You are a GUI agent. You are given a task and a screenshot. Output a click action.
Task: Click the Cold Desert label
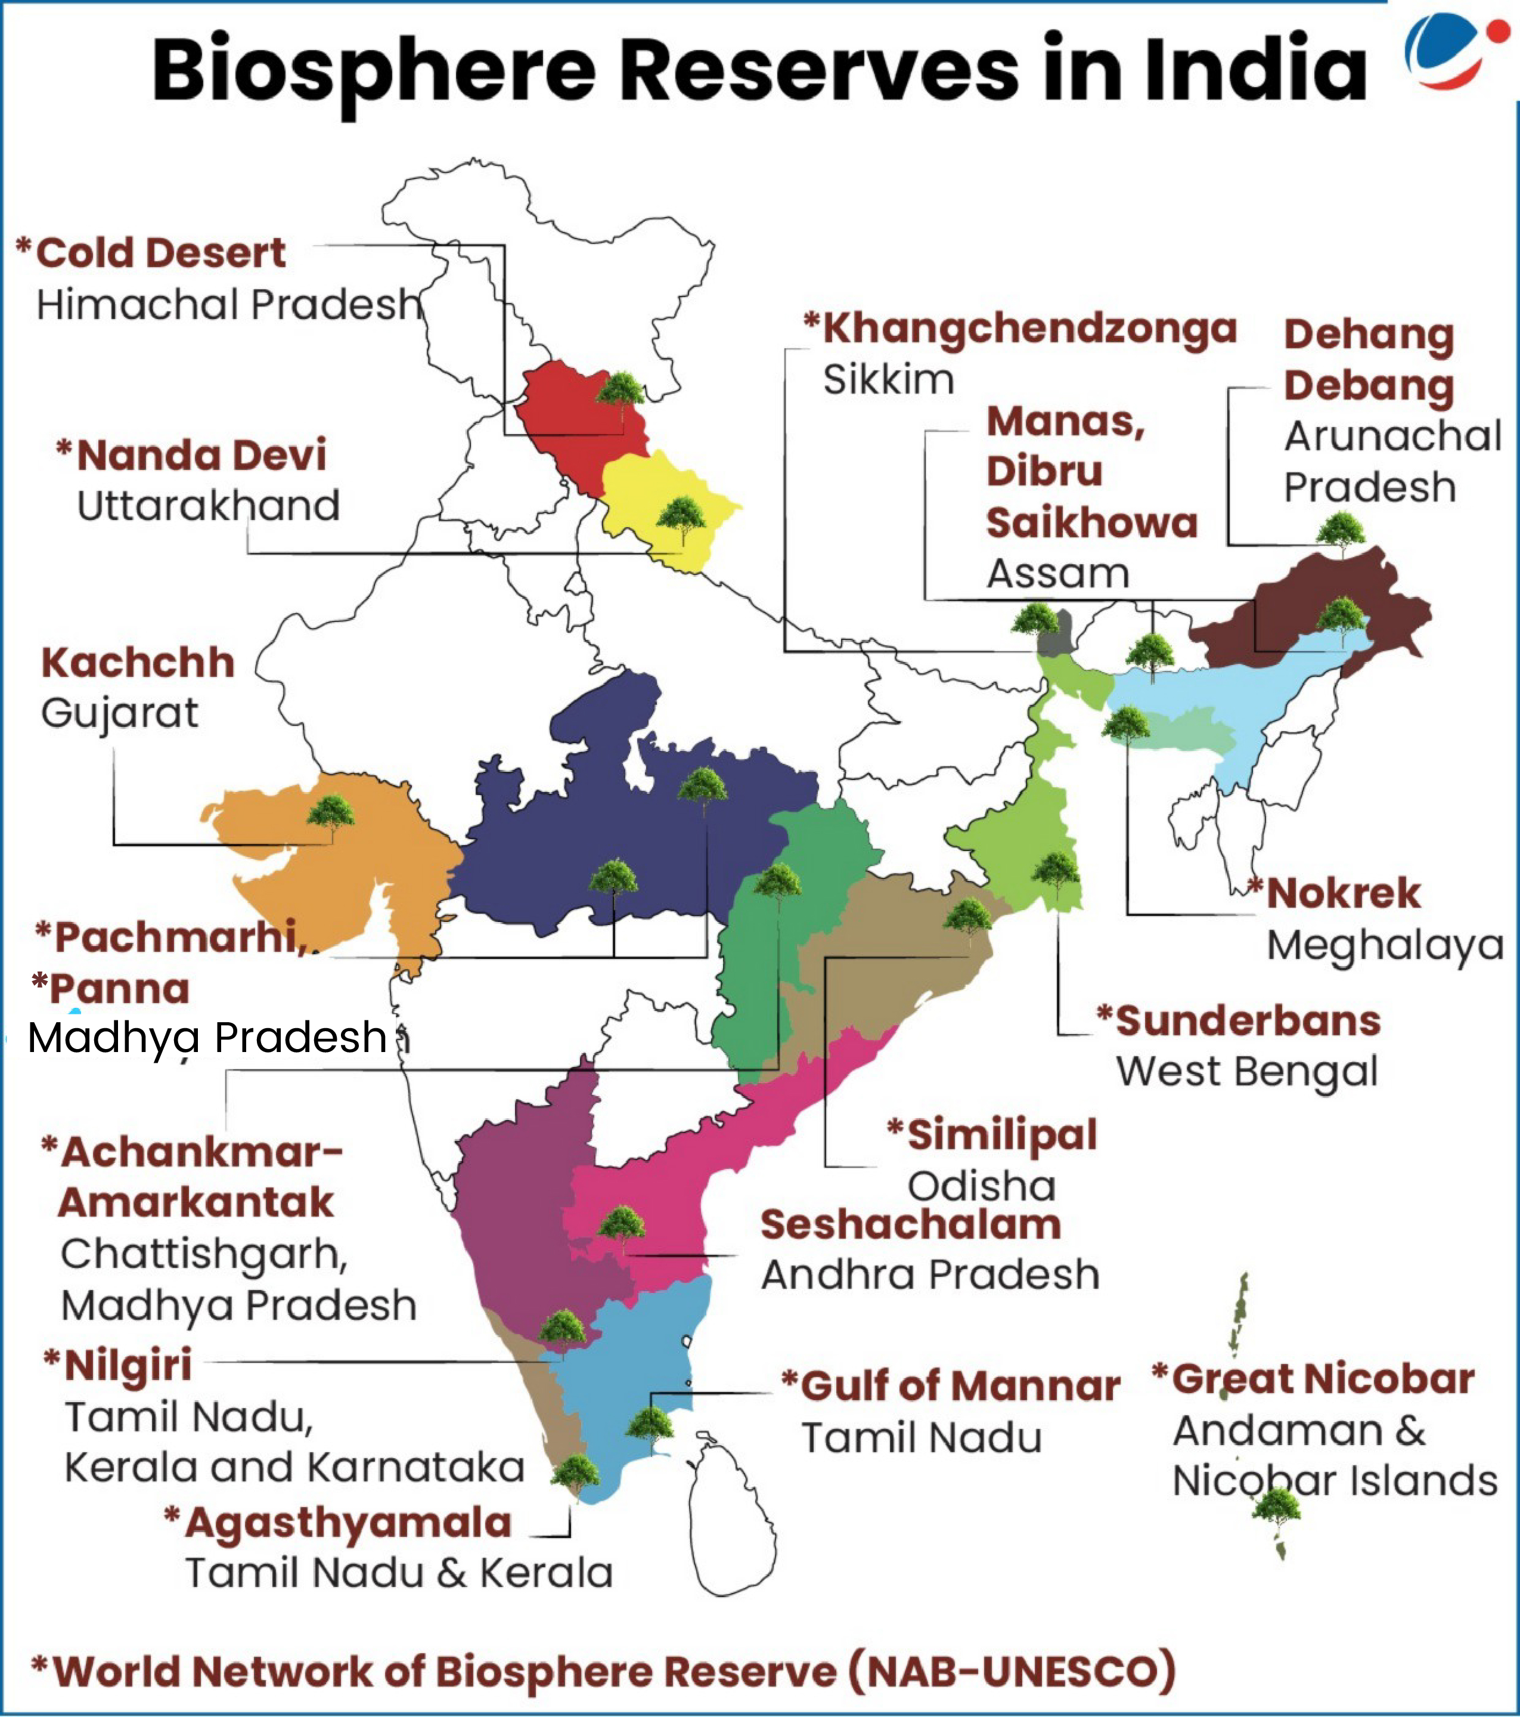160,253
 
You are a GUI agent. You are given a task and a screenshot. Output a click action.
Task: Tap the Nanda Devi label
201,455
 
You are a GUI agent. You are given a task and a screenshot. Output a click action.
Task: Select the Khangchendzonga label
1029,329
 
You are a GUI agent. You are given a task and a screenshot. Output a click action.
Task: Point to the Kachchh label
138,663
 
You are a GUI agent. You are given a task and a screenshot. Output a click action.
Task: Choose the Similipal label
1002,1135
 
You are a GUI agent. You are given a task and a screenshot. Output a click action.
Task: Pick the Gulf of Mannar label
960,1385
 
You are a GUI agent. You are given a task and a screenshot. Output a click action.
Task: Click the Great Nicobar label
1323,1379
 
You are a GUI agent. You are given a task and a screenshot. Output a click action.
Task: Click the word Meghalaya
1385,946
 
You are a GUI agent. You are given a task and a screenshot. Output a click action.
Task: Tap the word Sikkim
889,380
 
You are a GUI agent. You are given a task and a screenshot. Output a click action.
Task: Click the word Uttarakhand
208,506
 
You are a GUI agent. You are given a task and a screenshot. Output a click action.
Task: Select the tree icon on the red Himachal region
621,391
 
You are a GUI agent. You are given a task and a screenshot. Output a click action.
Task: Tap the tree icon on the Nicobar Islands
1276,1507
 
